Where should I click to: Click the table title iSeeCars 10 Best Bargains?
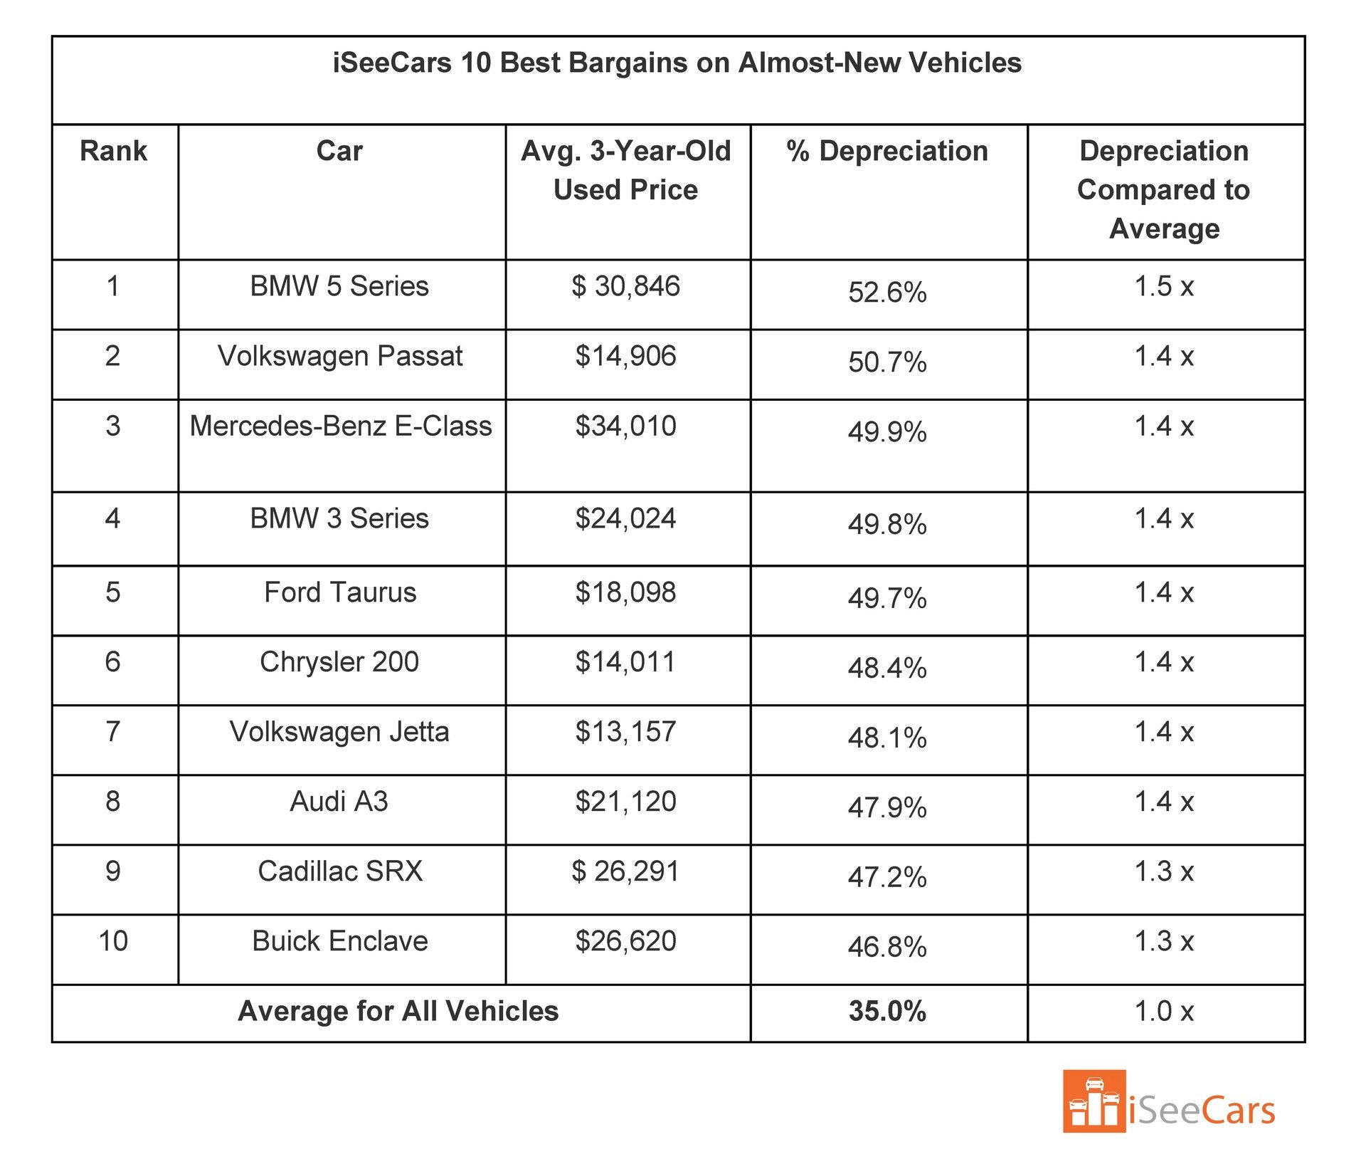pyautogui.click(x=677, y=63)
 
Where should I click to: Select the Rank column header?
pyautogui.click(x=113, y=151)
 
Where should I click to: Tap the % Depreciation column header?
pyautogui.click(x=887, y=151)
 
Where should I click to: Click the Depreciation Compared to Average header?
pyautogui.click(x=1164, y=189)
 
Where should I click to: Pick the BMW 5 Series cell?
pyautogui.click(x=339, y=286)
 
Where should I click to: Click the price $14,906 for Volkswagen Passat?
pyautogui.click(x=625, y=356)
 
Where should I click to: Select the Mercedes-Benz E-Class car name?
pyautogui.click(x=340, y=426)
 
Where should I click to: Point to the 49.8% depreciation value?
pyautogui.click(x=887, y=525)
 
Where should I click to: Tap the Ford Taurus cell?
pyautogui.click(x=340, y=592)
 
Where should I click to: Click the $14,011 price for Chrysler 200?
pyautogui.click(x=625, y=662)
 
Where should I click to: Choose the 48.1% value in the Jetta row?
pyautogui.click(x=887, y=738)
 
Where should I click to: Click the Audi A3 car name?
pyautogui.click(x=339, y=802)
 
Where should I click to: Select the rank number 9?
pyautogui.click(x=113, y=871)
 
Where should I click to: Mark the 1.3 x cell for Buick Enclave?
pyautogui.click(x=1164, y=941)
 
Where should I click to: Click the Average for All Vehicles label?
pyautogui.click(x=398, y=1011)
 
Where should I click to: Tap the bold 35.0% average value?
pyautogui.click(x=887, y=1011)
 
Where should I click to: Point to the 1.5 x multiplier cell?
pyautogui.click(x=1164, y=286)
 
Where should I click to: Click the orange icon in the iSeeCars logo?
pyautogui.click(x=1094, y=1101)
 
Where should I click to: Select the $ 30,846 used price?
pyautogui.click(x=625, y=286)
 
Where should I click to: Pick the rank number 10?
pyautogui.click(x=113, y=941)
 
